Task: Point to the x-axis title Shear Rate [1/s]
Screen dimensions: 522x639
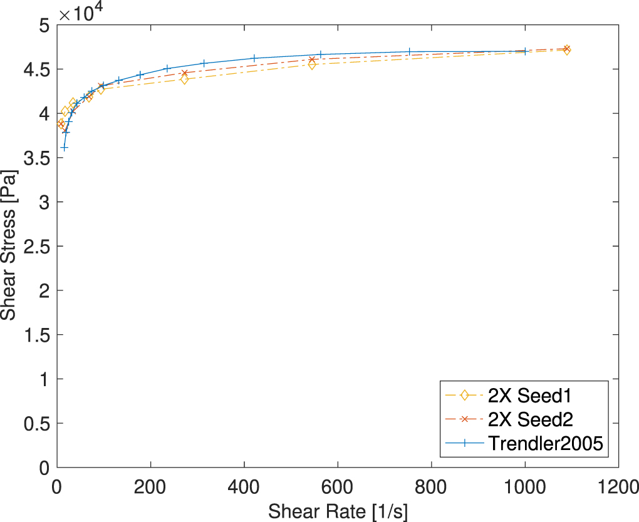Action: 338,511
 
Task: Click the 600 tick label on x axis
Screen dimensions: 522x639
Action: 338,484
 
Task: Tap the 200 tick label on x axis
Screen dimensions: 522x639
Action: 150,484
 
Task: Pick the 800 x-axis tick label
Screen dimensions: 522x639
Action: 431,484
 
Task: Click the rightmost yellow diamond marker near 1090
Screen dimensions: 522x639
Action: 566,50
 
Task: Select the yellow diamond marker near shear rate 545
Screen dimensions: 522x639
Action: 312,64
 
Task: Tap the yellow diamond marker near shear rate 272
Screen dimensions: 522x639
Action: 184,79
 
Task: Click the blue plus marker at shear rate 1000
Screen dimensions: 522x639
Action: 525,51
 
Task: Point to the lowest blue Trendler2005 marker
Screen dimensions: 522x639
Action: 64,148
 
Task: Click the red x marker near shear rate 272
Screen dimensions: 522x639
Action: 184,73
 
